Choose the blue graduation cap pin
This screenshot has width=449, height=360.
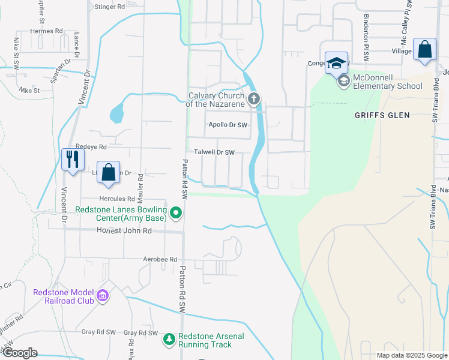[x=337, y=62]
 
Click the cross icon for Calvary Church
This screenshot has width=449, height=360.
[x=254, y=98]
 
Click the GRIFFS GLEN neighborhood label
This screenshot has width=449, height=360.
[x=382, y=115]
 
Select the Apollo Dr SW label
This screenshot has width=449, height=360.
[x=228, y=125]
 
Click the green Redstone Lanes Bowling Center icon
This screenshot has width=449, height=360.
[x=176, y=212]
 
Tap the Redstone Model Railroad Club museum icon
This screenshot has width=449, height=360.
[x=103, y=296]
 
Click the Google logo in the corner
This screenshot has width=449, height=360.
[x=19, y=353]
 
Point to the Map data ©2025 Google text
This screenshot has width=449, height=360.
[x=411, y=355]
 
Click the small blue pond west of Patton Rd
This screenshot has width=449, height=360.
[x=116, y=112]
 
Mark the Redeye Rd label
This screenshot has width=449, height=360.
[x=91, y=147]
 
